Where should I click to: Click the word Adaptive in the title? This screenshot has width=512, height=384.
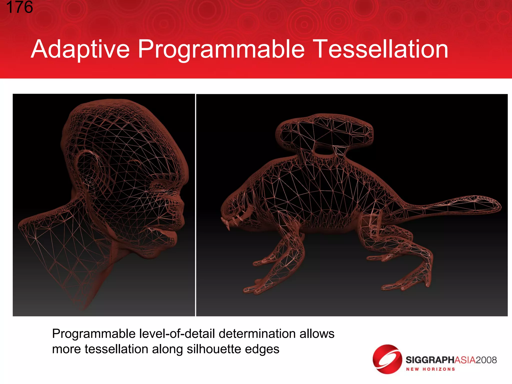pos(80,49)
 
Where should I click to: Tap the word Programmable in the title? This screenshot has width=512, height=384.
pos(221,49)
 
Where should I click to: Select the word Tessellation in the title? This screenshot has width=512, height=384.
pos(381,49)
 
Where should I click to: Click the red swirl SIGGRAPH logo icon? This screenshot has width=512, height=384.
pos(387,359)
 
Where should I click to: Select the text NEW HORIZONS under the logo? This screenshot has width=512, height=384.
pos(430,369)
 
